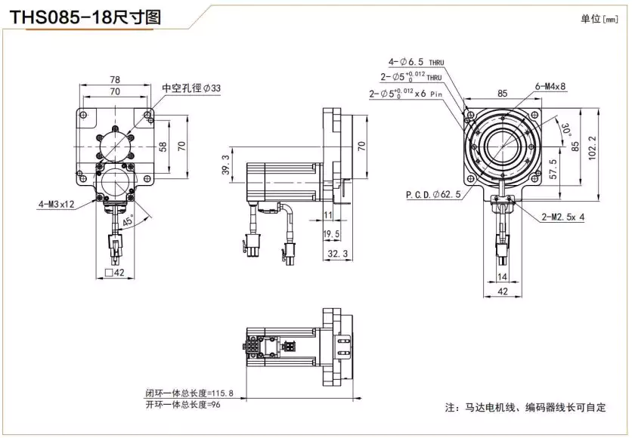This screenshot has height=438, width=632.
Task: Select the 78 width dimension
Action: [116, 79]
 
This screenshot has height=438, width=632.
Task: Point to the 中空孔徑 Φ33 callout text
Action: [191, 88]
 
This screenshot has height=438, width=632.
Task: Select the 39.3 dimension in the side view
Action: [225, 164]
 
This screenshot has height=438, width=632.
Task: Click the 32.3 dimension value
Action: [336, 254]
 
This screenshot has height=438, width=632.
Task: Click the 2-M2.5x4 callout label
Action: [563, 217]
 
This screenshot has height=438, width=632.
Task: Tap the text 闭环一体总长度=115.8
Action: [190, 393]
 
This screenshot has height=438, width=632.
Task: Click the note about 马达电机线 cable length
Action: [525, 408]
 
